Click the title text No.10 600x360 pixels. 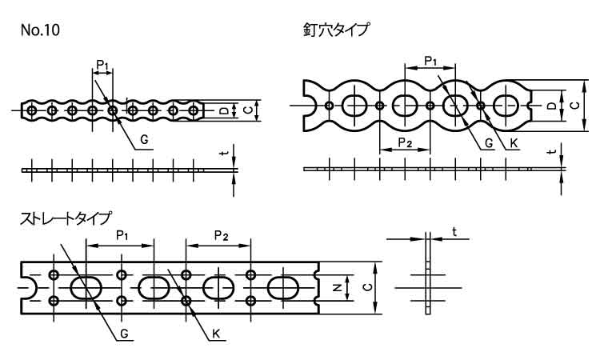click(40, 30)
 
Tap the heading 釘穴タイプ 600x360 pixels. click(336, 30)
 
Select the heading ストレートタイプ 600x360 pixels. click(66, 218)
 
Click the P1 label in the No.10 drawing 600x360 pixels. click(102, 63)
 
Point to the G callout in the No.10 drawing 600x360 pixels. click(144, 139)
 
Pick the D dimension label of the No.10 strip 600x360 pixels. click(223, 110)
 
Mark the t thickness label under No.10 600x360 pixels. click(226, 150)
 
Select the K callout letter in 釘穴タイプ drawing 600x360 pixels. click(514, 143)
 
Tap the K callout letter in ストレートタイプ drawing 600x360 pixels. click(217, 334)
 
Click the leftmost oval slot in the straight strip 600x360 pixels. click(86, 288)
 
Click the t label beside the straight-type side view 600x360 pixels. click(454, 232)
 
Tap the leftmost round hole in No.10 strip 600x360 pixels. click(32, 110)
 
